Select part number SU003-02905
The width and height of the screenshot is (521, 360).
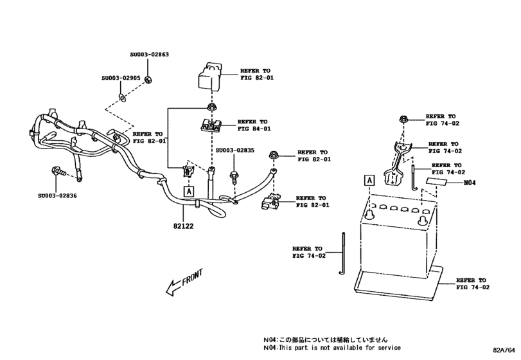(120, 78)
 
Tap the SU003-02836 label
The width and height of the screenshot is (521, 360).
(56, 195)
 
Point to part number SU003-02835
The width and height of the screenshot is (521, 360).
(234, 150)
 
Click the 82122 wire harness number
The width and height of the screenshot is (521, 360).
(182, 226)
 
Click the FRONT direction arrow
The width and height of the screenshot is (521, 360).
(185, 283)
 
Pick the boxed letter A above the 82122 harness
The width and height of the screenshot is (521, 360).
(188, 190)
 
